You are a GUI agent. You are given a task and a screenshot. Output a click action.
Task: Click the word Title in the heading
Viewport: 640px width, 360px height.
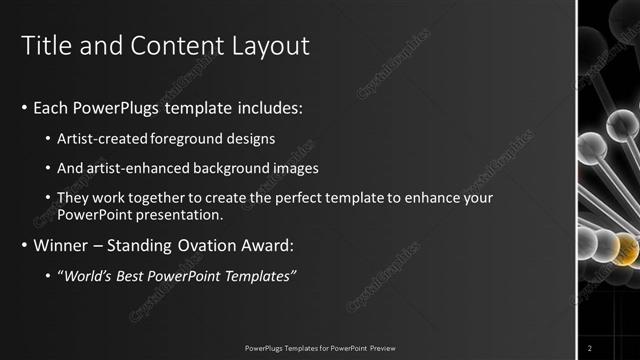click(x=45, y=46)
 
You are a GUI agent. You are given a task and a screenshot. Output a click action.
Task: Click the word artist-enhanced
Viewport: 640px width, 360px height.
click(x=130, y=168)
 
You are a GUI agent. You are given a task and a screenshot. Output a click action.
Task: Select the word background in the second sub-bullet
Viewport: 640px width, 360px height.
click(x=231, y=168)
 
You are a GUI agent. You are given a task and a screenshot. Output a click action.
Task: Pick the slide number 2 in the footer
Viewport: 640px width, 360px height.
click(x=590, y=347)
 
